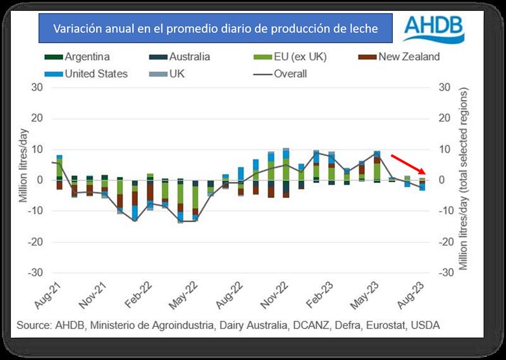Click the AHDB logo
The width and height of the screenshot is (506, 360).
pyautogui.click(x=434, y=30)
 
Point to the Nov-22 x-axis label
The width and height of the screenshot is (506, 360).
pyautogui.click(x=271, y=294)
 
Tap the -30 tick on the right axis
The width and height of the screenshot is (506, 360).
pyautogui.click(x=445, y=273)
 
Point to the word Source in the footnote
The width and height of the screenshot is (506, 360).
pyautogui.click(x=34, y=326)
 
